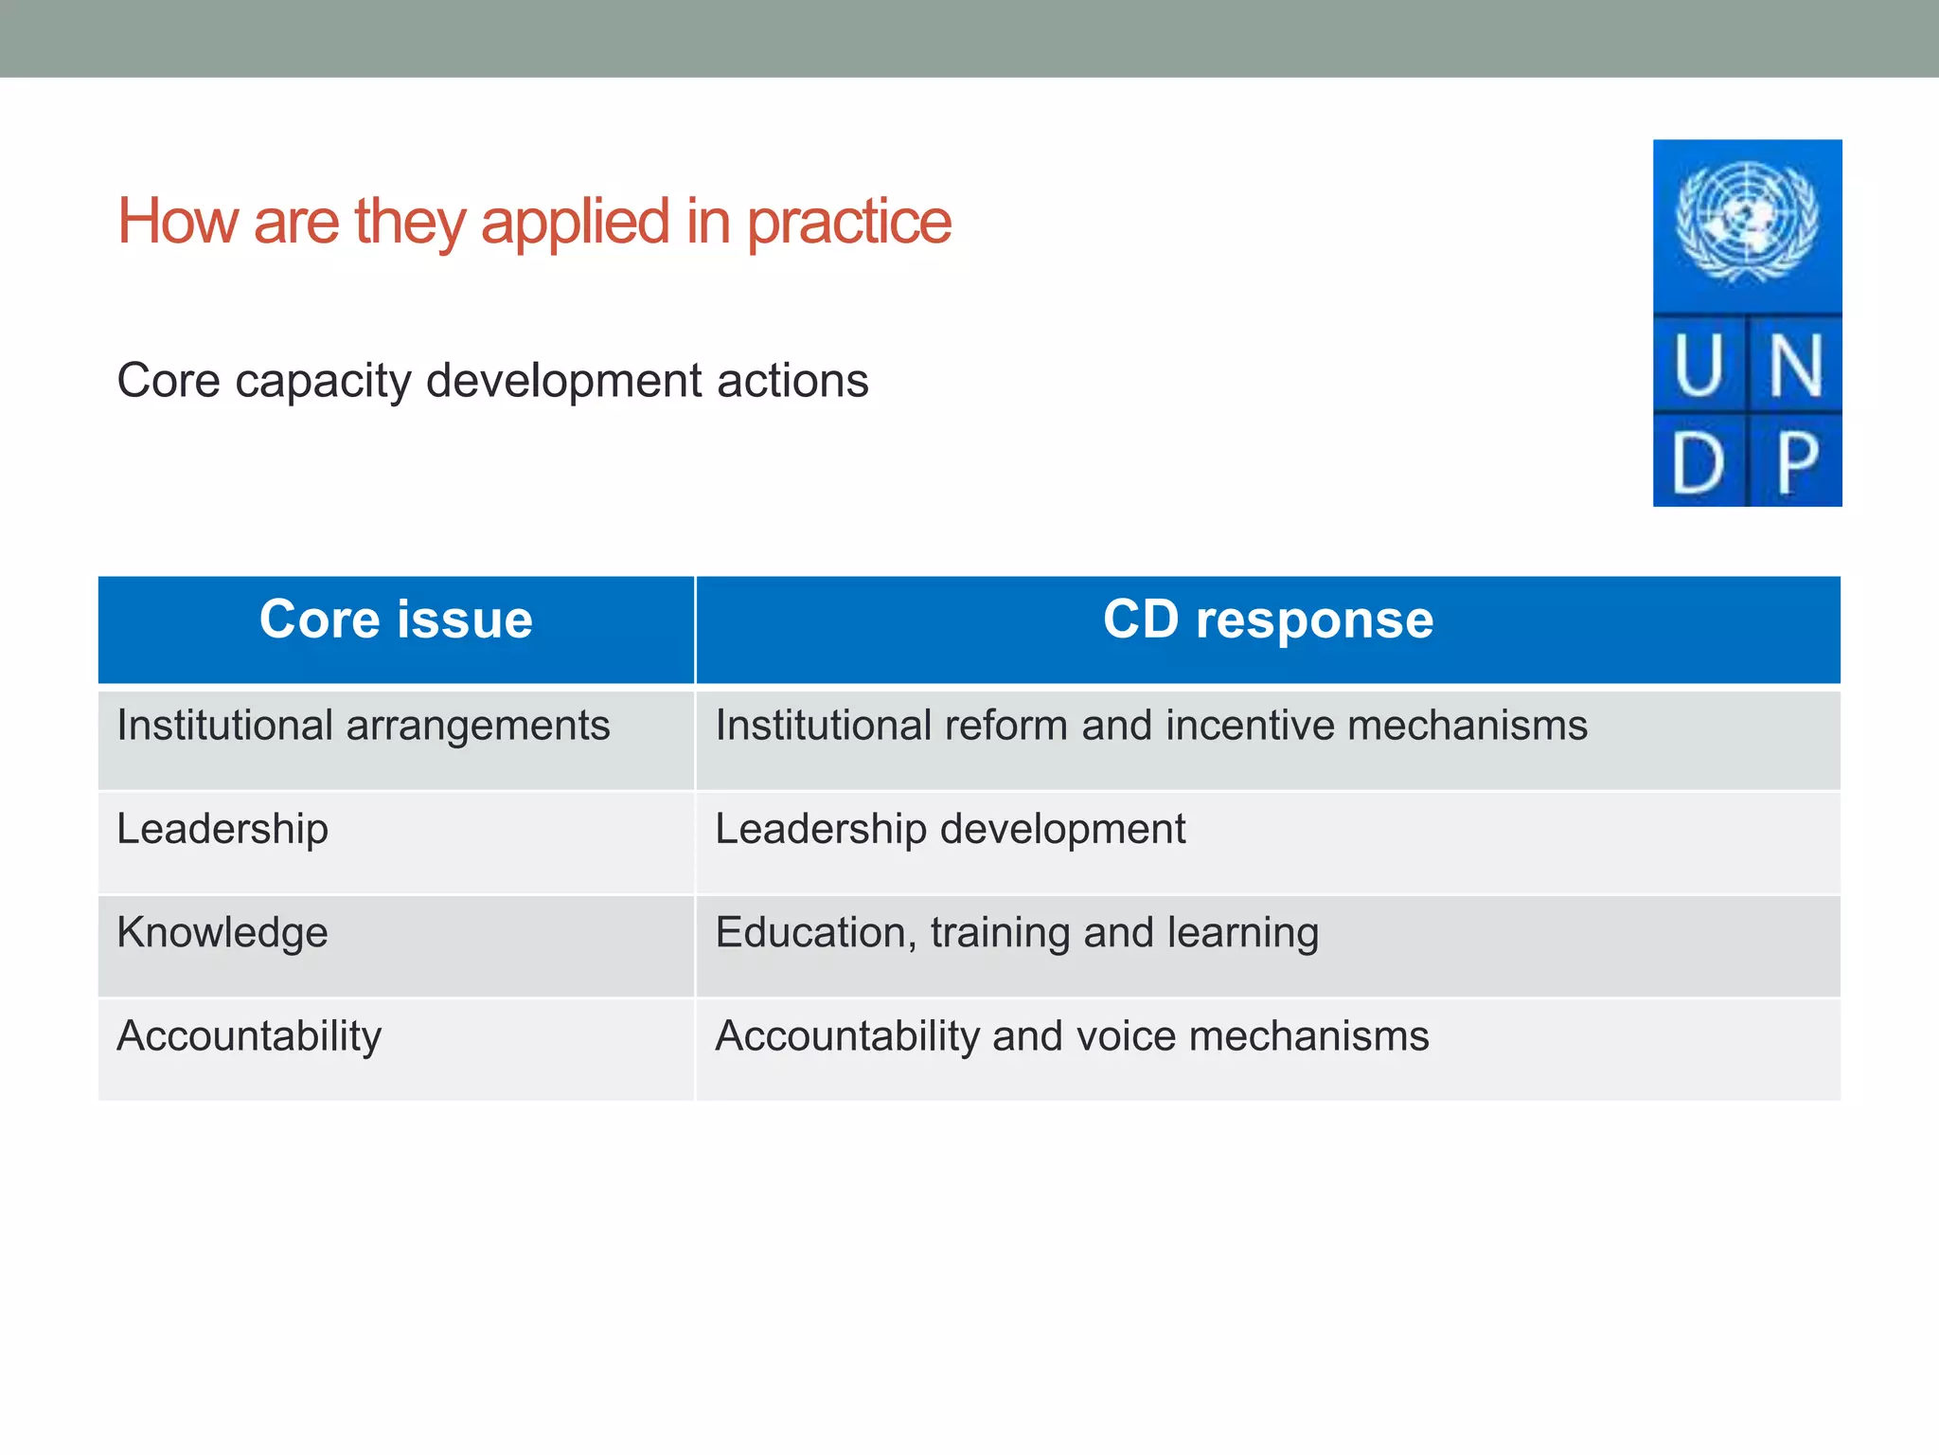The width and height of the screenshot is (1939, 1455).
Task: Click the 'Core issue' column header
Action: tap(396, 620)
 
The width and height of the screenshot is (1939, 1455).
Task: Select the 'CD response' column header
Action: tap(1268, 620)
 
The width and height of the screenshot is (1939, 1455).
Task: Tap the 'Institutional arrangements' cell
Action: tap(364, 727)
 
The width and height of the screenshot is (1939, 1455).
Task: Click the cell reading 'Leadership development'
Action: tap(950, 830)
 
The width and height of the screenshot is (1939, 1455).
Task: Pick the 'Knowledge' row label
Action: tap(222, 933)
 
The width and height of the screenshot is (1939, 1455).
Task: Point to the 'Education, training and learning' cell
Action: tap(1017, 933)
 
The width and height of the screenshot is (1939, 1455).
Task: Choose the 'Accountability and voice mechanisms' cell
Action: tap(1072, 1036)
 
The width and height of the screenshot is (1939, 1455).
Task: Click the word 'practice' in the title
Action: tap(848, 224)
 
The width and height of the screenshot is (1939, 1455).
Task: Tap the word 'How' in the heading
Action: tap(177, 222)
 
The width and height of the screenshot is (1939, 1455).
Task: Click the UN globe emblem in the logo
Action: tap(1747, 223)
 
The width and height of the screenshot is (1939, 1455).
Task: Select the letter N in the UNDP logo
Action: tap(1795, 367)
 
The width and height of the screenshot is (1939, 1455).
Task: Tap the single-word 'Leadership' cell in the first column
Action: tap(222, 830)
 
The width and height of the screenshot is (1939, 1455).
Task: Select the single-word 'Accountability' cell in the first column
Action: tap(249, 1036)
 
